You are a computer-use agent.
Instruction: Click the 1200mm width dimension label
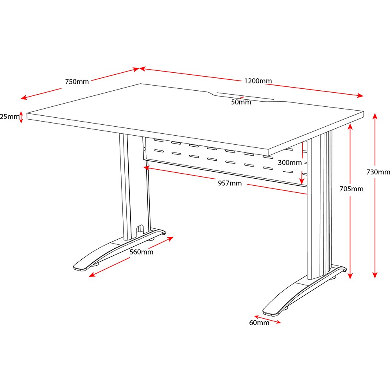click(x=258, y=81)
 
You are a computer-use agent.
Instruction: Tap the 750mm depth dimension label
click(x=77, y=82)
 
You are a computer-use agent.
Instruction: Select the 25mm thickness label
click(x=9, y=117)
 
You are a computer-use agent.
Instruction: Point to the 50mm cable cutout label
click(x=241, y=102)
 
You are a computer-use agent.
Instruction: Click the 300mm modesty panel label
click(x=290, y=163)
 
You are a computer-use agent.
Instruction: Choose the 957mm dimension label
click(x=230, y=183)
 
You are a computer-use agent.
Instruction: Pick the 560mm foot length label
click(x=142, y=252)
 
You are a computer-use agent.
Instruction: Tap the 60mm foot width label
click(x=259, y=323)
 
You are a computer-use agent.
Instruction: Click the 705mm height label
click(x=352, y=189)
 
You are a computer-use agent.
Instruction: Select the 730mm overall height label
click(x=378, y=172)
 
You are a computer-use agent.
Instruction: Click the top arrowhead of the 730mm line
click(x=375, y=116)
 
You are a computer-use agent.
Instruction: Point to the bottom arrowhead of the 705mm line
click(x=350, y=276)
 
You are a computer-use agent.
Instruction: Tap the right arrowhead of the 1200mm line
click(x=361, y=95)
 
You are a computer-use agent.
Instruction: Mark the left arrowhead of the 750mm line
click(x=24, y=97)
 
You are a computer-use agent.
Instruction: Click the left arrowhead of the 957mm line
click(x=146, y=168)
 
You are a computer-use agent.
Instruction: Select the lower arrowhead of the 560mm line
click(x=92, y=274)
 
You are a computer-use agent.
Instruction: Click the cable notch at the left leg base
click(x=140, y=229)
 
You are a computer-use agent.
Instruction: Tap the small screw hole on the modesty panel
click(x=145, y=149)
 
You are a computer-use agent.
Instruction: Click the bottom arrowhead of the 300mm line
click(x=301, y=181)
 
